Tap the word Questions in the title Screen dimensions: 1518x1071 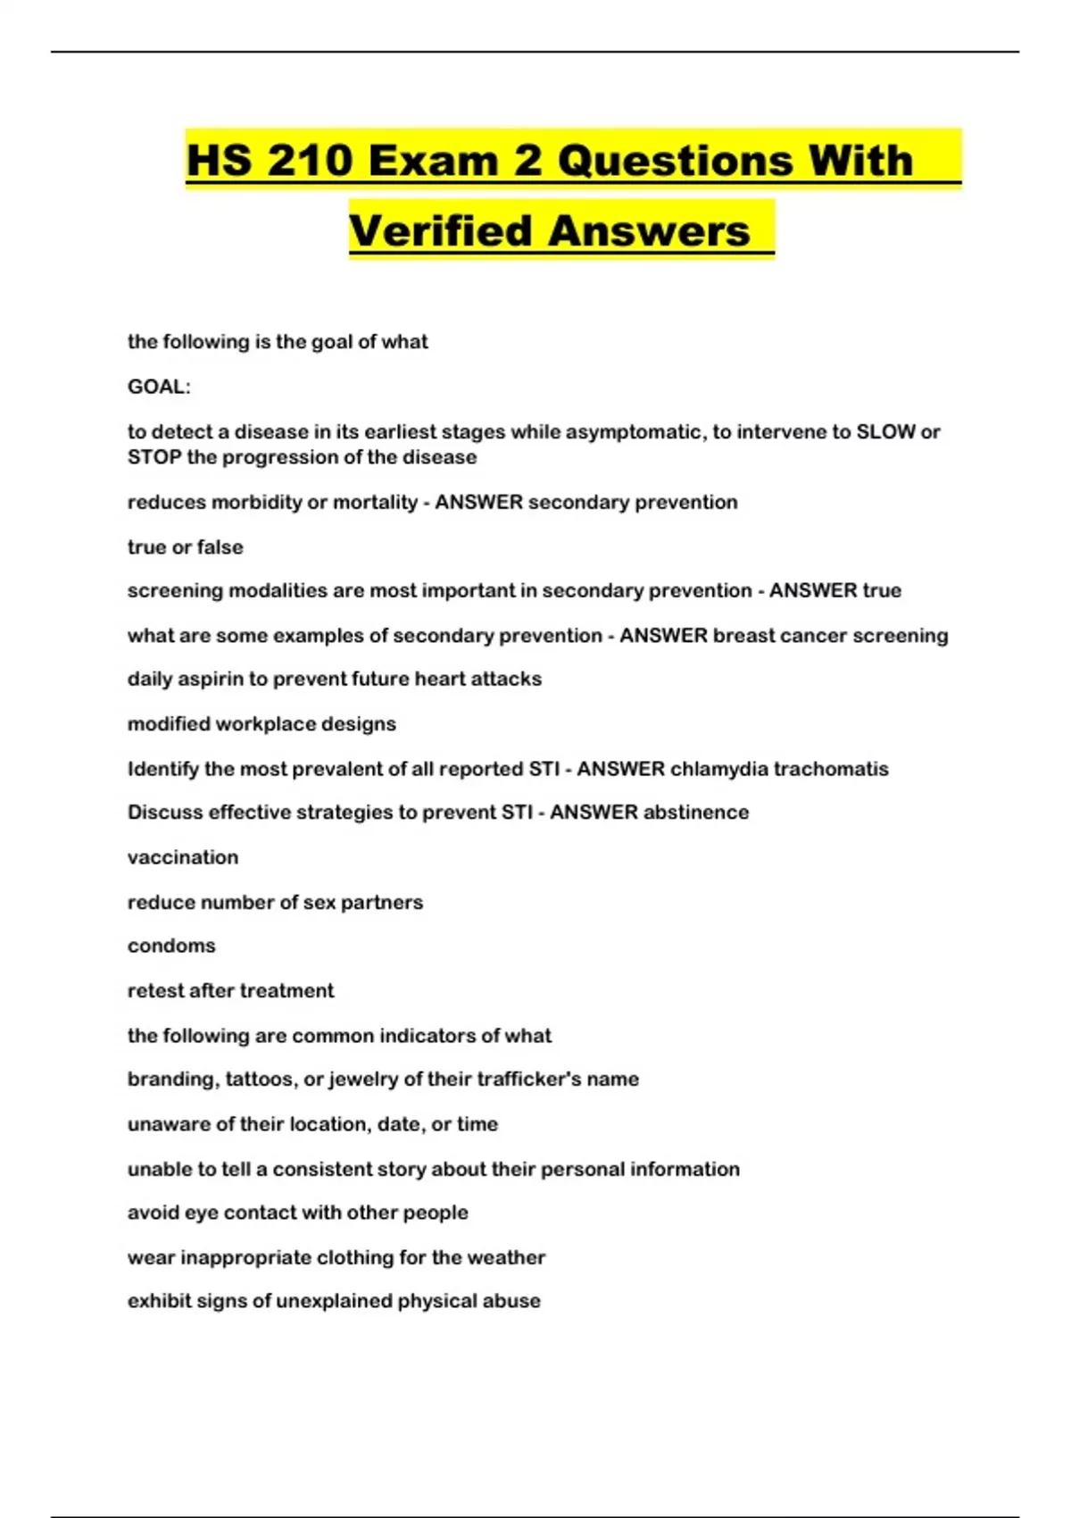675,162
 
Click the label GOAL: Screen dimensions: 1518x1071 159,387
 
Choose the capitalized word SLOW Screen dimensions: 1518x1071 885,432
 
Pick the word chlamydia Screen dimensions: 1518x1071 718,769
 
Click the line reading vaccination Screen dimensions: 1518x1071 183,857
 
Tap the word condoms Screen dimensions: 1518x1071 171,946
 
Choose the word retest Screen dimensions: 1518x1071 155,990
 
